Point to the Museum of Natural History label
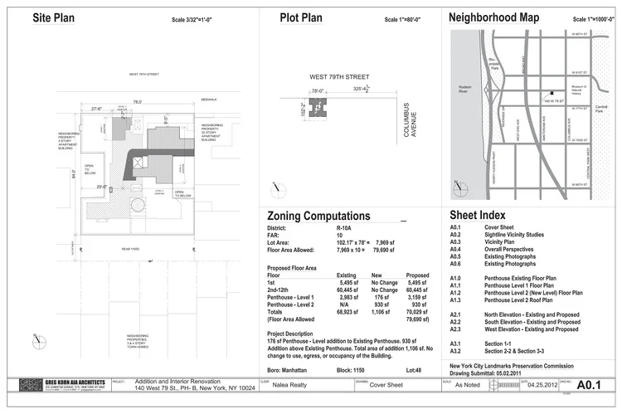coord(580,89)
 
